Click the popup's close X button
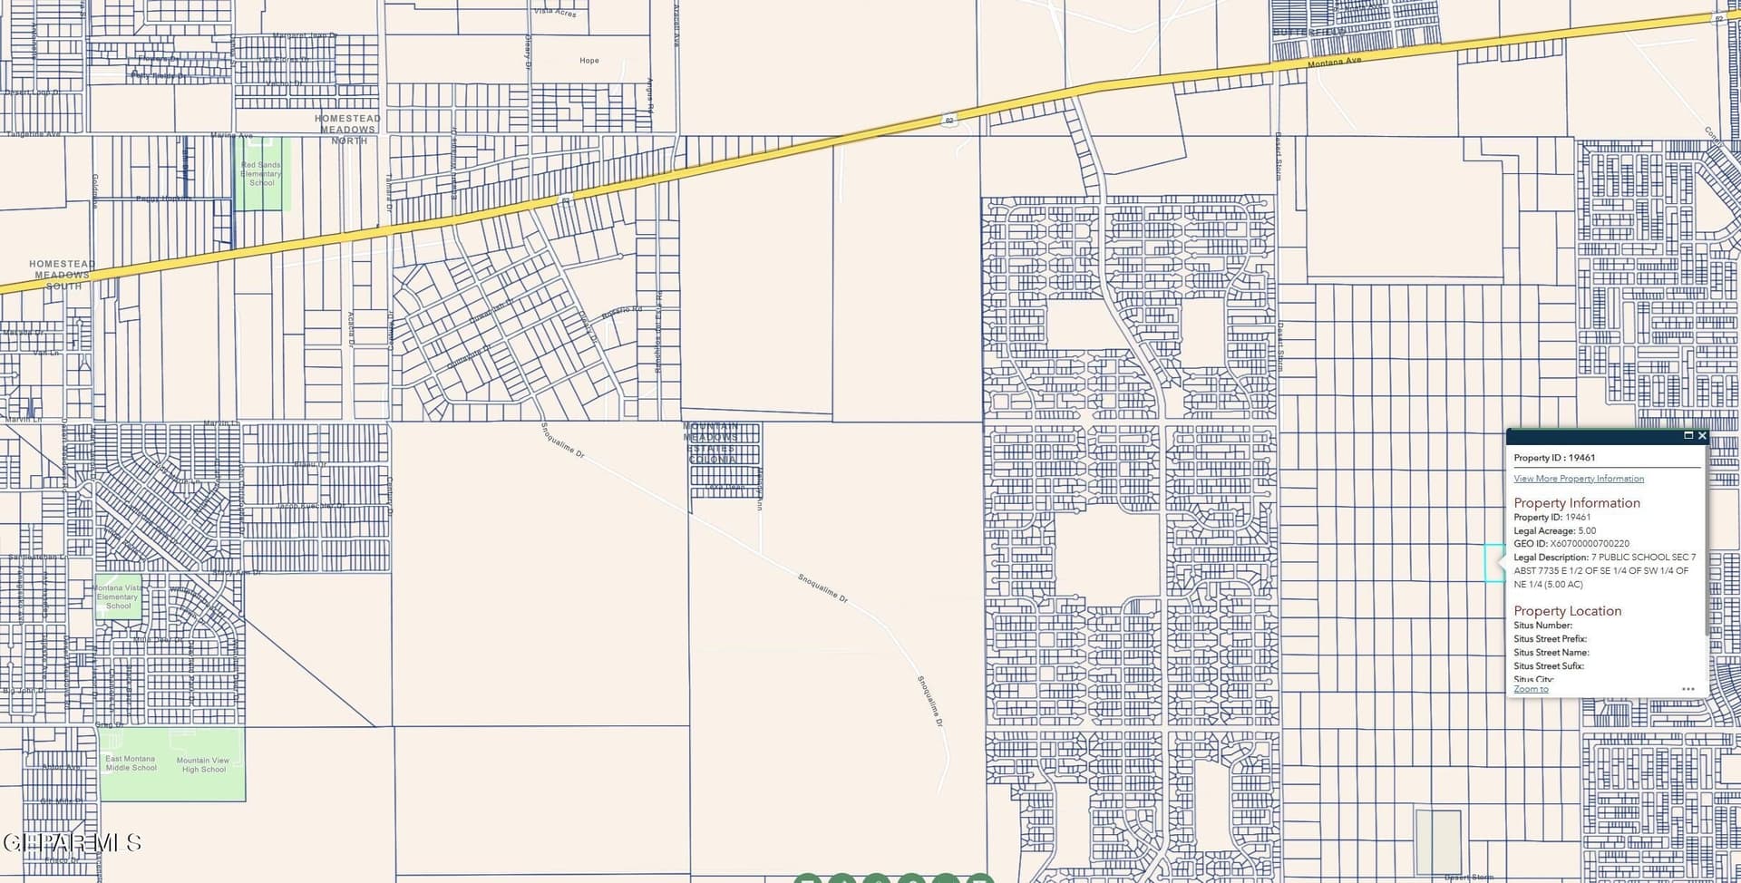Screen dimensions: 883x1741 click(1702, 436)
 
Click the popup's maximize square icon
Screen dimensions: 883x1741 click(1688, 436)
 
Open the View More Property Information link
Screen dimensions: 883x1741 click(1578, 479)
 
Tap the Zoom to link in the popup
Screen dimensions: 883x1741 click(1531, 689)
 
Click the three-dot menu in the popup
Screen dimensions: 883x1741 click(1688, 689)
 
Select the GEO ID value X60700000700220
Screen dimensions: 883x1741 click(1589, 544)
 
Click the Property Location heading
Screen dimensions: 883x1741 click(1567, 611)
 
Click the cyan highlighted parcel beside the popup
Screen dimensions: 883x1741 click(1493, 563)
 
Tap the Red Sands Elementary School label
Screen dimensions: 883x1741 click(261, 174)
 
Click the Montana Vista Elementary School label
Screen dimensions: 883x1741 click(118, 597)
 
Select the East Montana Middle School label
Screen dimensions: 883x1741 click(131, 763)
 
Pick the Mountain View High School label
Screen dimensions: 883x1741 click(203, 765)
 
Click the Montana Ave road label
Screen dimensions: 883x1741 click(1334, 62)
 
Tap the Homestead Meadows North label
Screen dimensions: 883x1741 click(347, 130)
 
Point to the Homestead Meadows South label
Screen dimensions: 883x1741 click(62, 275)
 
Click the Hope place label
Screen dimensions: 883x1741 click(589, 61)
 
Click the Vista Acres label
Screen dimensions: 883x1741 click(555, 12)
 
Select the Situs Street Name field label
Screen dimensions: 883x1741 click(1551, 653)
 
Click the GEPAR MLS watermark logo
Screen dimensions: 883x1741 click(73, 843)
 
